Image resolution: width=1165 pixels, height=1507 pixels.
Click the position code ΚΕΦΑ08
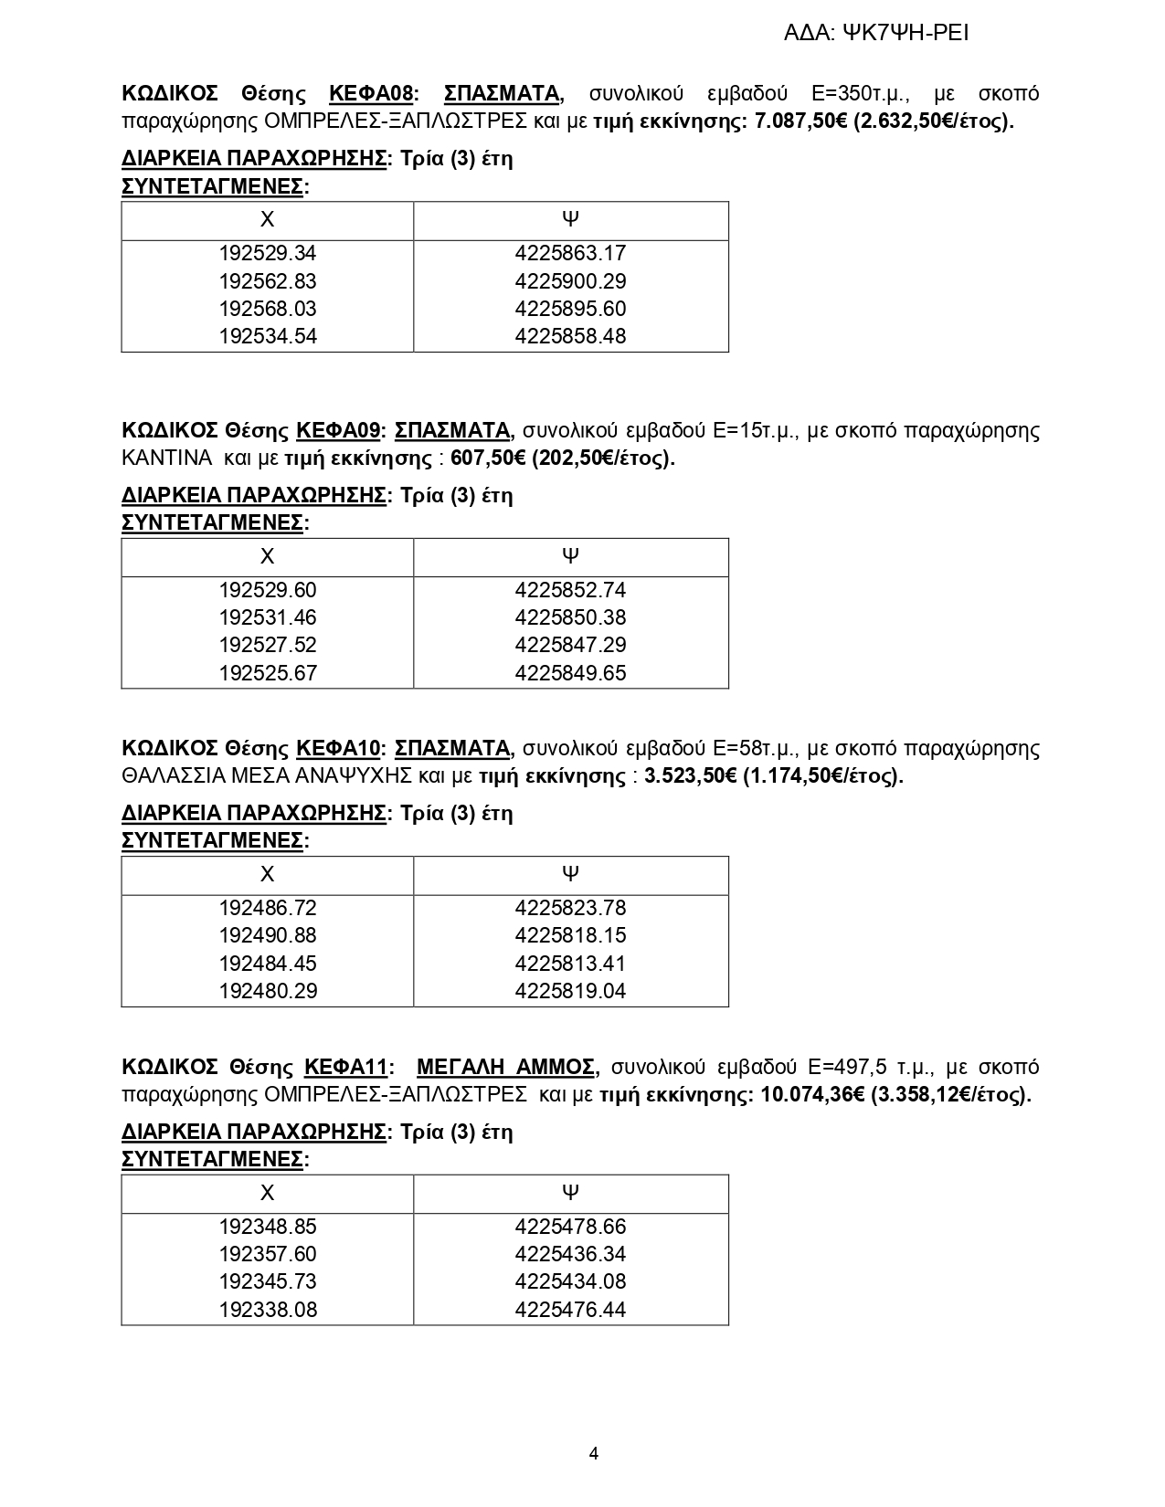pos(371,93)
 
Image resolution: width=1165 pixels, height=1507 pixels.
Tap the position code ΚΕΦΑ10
pos(338,748)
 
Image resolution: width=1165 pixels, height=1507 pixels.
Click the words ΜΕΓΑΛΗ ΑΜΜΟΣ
pos(506,1067)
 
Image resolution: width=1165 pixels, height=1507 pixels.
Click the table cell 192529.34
pos(268,253)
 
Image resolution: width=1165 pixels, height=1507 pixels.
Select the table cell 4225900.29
pos(570,281)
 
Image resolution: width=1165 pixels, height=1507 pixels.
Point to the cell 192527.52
pos(268,645)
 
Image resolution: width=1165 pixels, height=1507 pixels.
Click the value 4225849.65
pos(570,673)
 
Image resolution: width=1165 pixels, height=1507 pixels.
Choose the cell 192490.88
pos(268,935)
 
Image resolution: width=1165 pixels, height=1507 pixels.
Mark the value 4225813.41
pos(570,964)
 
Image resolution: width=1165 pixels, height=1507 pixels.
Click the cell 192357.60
pos(268,1254)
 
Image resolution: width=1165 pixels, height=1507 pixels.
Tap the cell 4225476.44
pos(570,1310)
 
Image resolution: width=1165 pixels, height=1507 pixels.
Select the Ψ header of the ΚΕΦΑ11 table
pos(570,1192)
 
